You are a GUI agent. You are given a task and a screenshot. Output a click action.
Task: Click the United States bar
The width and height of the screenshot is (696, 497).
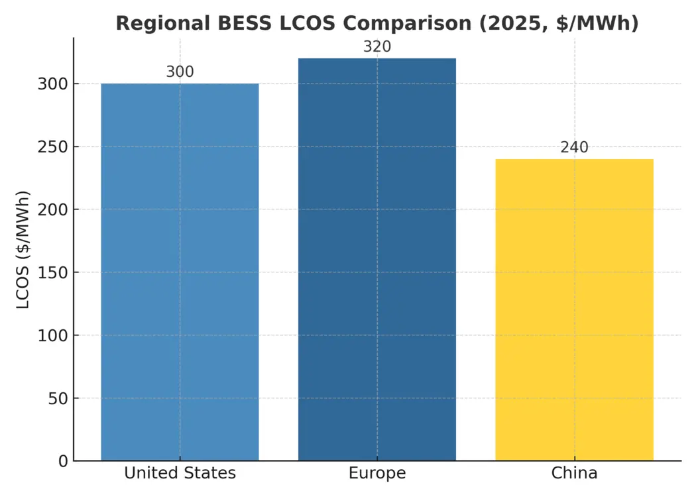click(180, 272)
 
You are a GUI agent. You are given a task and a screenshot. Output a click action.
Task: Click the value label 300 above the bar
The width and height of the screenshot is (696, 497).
click(180, 72)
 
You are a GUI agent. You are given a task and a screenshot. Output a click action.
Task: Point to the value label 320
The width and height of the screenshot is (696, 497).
click(377, 47)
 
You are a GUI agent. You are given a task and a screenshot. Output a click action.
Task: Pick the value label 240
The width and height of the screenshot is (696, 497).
click(574, 148)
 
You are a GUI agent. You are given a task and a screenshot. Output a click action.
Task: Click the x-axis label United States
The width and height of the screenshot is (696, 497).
click(180, 473)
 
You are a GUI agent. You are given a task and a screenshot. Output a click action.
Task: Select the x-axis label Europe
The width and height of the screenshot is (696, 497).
click(377, 473)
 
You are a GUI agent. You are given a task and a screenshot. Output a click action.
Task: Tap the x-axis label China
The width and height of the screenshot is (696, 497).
click(574, 473)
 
